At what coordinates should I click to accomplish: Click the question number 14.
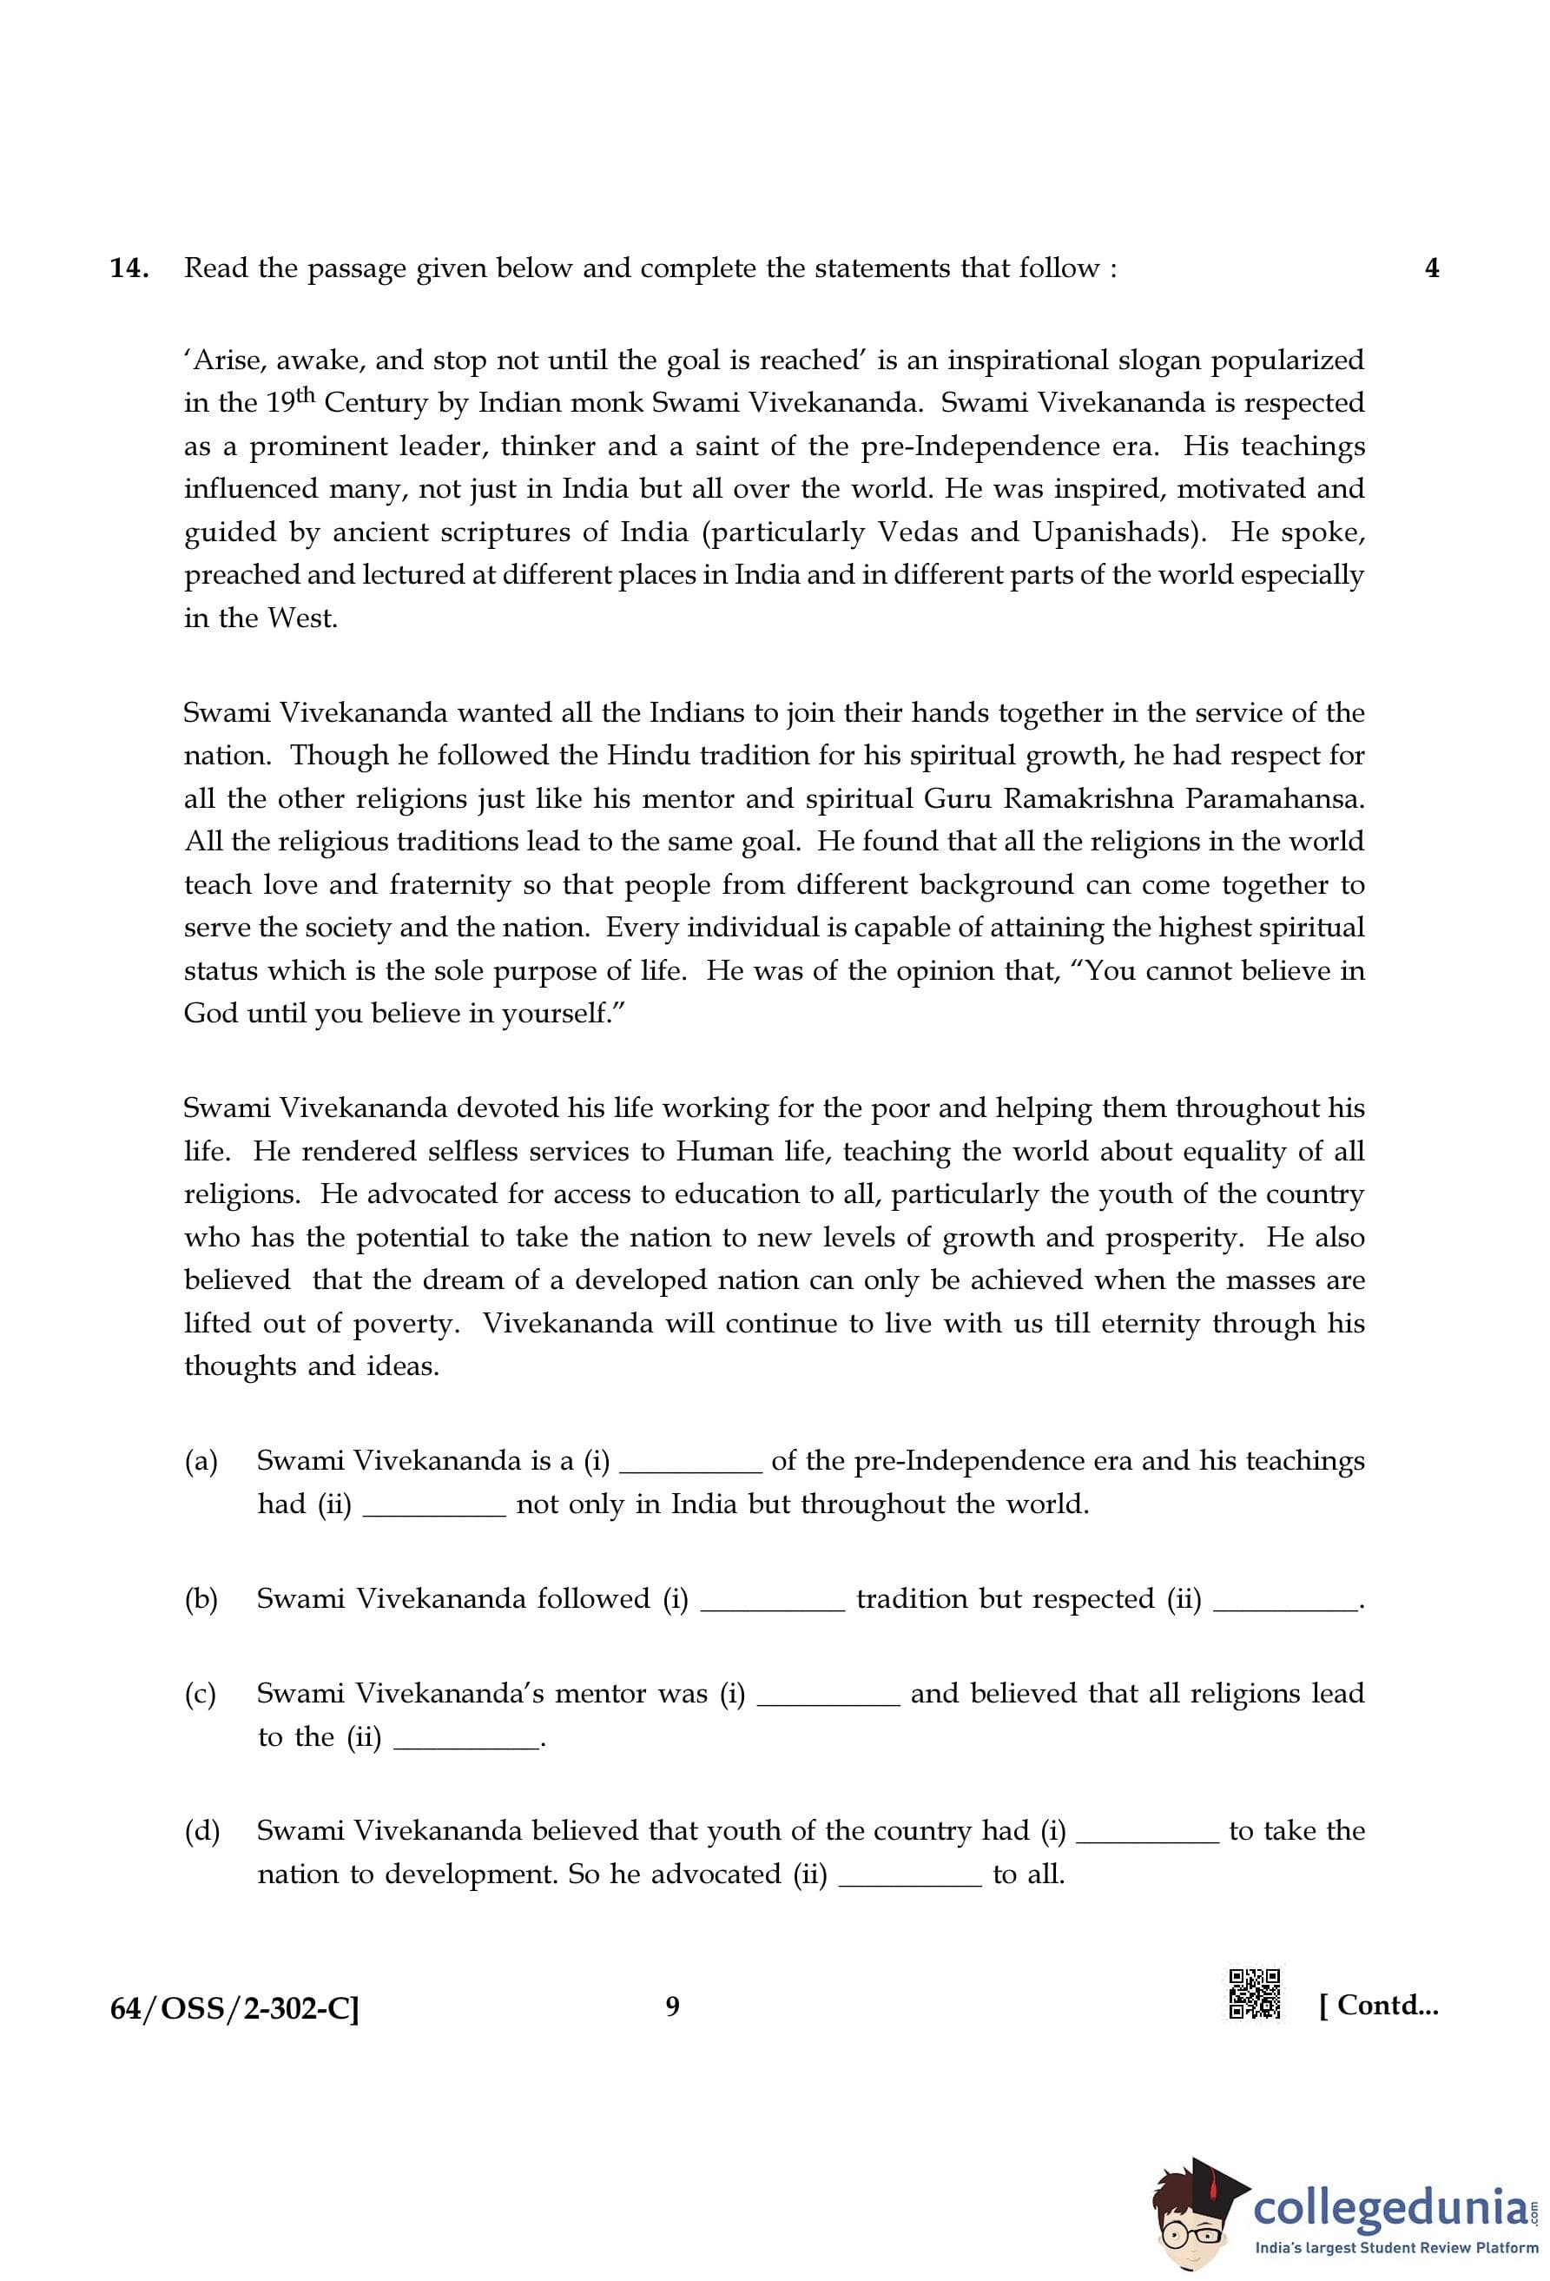coord(129,268)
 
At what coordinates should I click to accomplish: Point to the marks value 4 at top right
coord(1431,268)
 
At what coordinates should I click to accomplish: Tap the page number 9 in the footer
coord(672,2007)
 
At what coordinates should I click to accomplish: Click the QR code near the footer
coord(1255,1994)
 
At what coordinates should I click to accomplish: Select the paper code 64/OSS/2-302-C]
coord(234,2008)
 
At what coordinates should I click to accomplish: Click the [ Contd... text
coord(1378,2005)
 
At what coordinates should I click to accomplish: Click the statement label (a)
coord(201,1460)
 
